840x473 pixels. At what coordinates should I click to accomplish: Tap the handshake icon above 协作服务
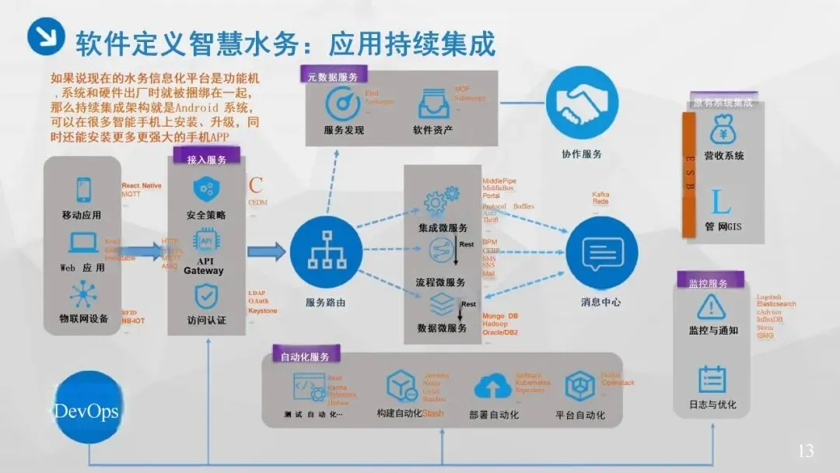point(582,103)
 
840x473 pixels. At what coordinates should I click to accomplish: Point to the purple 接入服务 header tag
point(206,159)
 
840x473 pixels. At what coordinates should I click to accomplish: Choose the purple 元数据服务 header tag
point(332,77)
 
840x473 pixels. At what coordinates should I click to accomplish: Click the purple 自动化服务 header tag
point(304,356)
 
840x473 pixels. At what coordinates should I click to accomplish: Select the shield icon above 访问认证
point(206,296)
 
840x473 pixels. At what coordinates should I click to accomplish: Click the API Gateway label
point(204,265)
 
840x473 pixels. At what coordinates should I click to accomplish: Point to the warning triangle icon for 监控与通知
point(711,307)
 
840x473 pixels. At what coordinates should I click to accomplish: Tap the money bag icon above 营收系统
point(723,129)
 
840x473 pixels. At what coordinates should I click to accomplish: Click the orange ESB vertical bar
point(688,174)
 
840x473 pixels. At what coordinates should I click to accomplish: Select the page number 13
point(806,450)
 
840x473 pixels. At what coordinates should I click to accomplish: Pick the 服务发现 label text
point(344,130)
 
